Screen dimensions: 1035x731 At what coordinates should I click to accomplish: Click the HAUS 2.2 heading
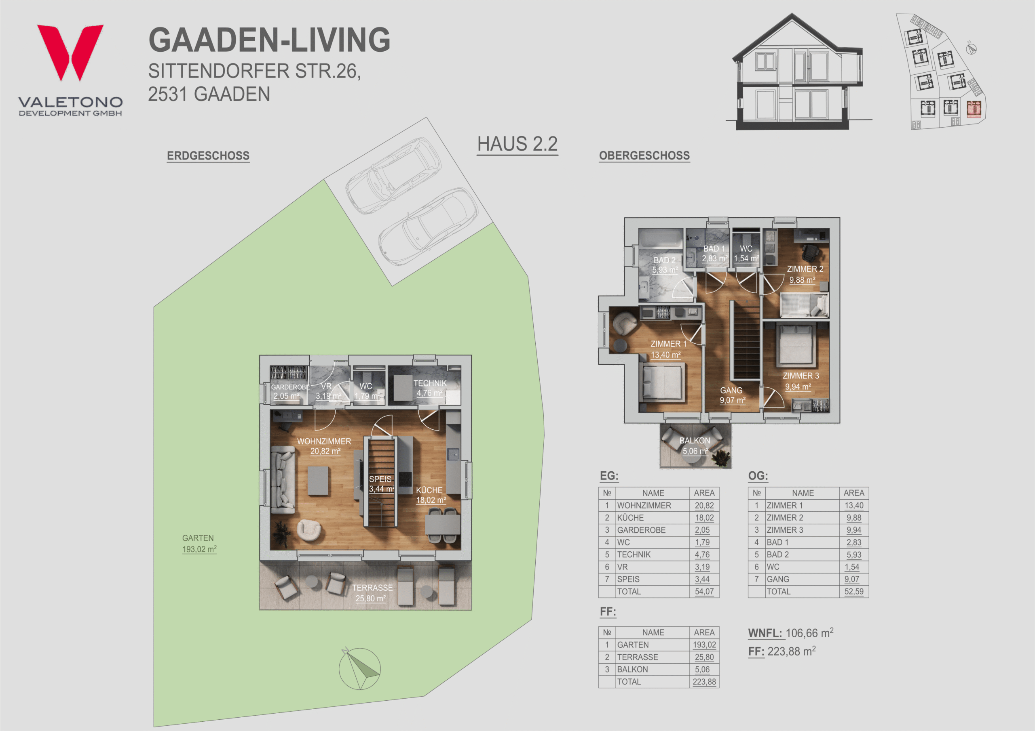(517, 144)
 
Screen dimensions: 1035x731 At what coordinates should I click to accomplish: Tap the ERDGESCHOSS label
(208, 155)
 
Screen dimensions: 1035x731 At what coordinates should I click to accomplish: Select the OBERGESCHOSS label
(644, 155)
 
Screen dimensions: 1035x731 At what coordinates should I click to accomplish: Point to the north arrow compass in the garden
(359, 669)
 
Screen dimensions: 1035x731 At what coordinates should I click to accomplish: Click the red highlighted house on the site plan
(974, 109)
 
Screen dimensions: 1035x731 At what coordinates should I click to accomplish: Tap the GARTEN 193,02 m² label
(199, 544)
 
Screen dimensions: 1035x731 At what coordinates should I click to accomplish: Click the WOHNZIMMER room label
(324, 446)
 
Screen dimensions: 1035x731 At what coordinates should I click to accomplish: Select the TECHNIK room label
(430, 388)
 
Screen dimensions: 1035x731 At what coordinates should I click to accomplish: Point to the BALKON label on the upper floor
(695, 446)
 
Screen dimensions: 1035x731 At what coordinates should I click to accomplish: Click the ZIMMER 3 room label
(801, 381)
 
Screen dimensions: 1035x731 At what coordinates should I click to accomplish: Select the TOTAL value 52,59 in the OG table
(854, 591)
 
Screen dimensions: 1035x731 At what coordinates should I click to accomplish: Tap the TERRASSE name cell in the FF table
(638, 657)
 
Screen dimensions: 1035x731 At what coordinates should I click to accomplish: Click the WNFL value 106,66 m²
(809, 633)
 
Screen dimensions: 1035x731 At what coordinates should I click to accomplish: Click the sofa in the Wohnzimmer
(283, 480)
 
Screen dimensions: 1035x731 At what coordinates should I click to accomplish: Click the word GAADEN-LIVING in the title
(270, 40)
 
